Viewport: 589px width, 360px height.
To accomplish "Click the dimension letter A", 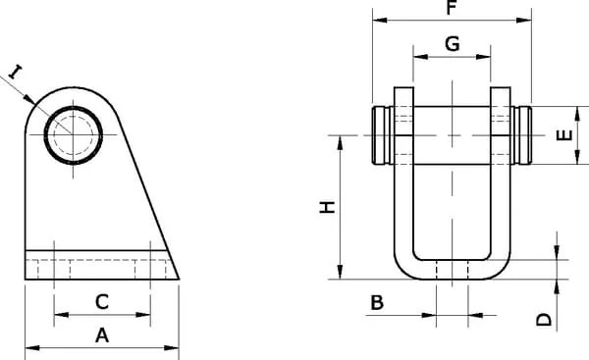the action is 102,335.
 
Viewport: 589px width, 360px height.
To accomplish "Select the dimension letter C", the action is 102,302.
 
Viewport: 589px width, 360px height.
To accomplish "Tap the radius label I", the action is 15,72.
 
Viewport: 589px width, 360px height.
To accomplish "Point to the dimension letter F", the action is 452,8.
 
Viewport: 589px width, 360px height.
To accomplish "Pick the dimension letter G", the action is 453,43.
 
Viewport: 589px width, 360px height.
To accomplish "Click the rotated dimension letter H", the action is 327,207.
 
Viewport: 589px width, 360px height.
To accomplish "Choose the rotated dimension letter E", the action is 564,135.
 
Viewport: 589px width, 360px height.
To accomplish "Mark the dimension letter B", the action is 377,302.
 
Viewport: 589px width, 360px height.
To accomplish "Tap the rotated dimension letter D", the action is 544,320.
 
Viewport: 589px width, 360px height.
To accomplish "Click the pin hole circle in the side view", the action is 74,107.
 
